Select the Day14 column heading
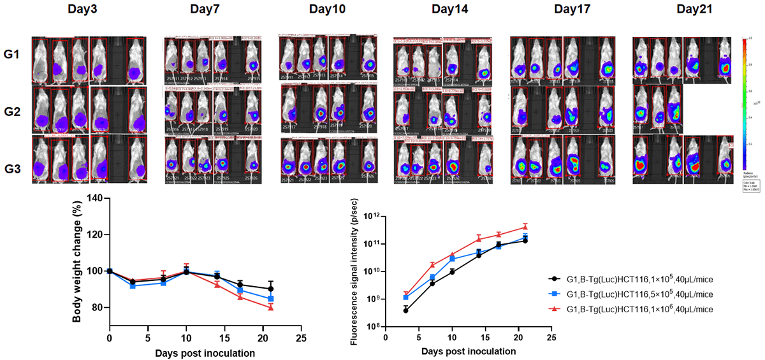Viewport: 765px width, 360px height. point(449,10)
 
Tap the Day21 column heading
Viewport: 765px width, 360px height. point(676,10)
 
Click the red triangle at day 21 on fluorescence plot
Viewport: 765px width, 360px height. point(525,227)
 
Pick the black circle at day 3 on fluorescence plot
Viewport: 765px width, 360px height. point(406,310)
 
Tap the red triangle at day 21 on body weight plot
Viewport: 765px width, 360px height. point(271,307)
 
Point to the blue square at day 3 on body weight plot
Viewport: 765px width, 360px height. point(133,285)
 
